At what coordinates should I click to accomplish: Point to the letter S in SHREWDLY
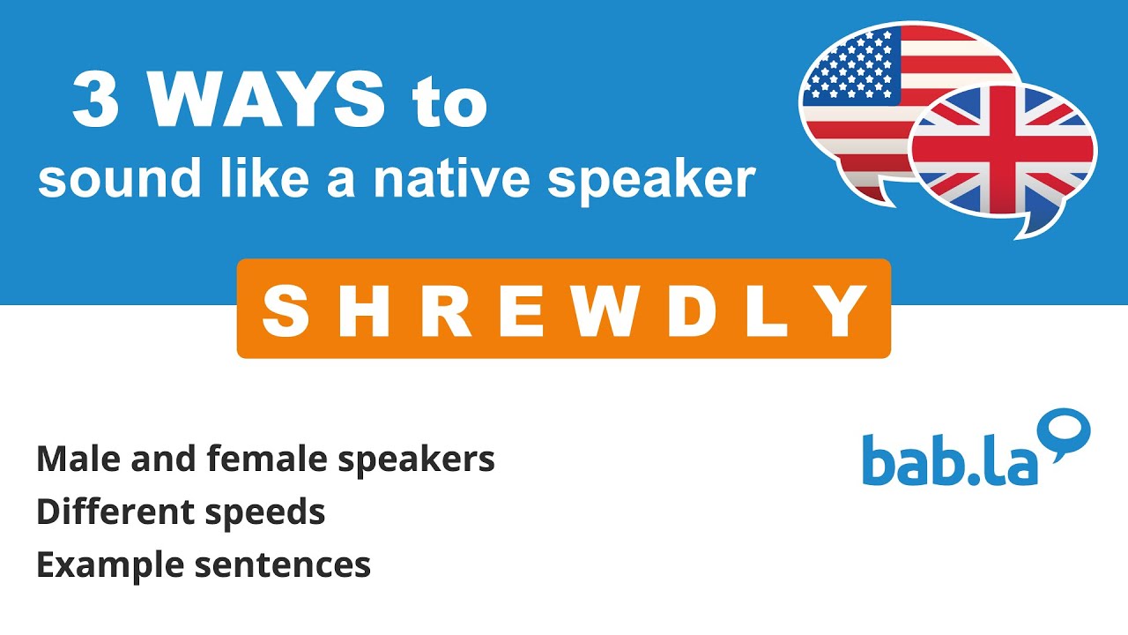point(286,310)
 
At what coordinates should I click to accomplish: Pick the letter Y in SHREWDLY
point(841,310)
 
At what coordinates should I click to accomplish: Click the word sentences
point(282,565)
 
